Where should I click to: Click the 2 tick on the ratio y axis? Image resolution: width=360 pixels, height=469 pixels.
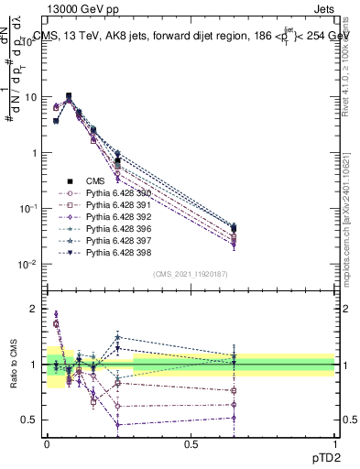35,309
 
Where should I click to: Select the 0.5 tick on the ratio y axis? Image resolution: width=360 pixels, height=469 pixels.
31,420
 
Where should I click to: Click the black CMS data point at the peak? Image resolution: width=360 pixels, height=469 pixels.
69,95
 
